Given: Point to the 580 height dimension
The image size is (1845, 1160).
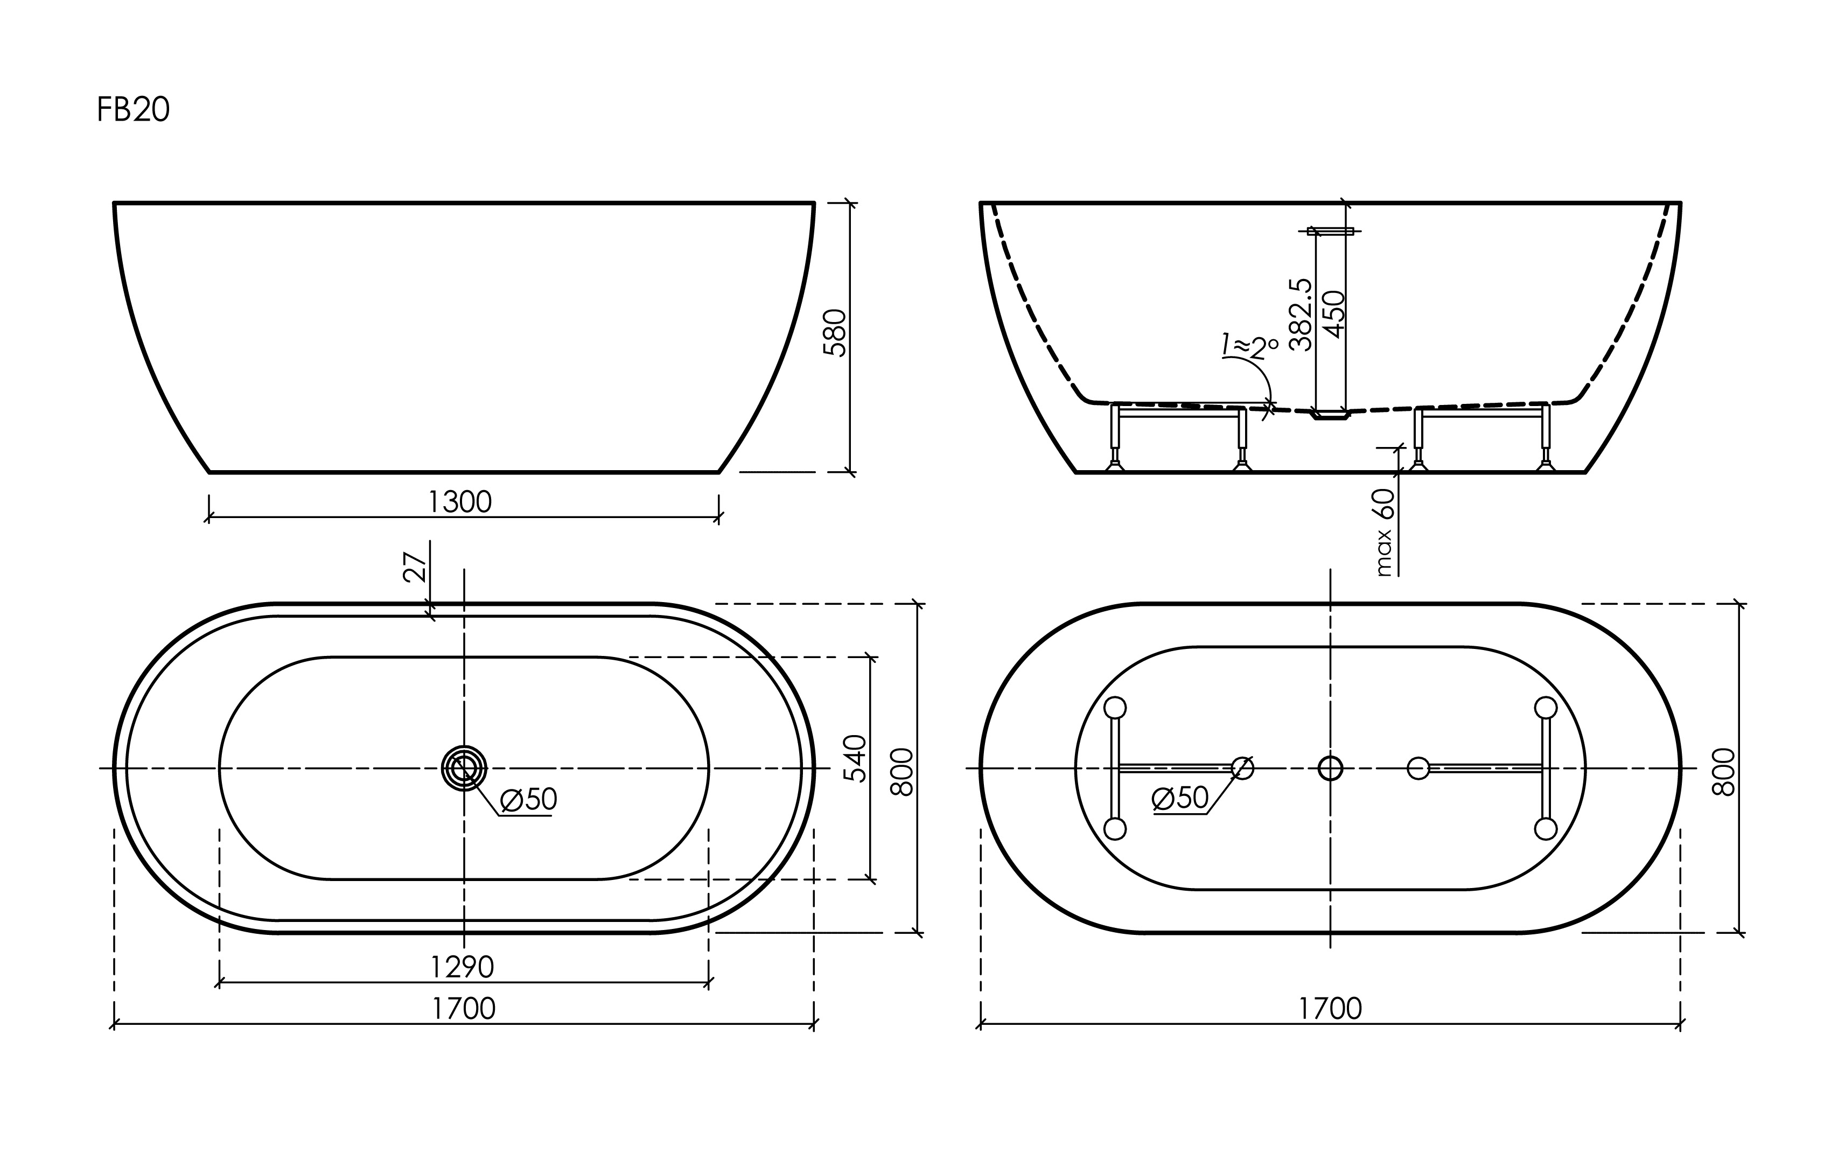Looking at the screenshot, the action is [x=834, y=332].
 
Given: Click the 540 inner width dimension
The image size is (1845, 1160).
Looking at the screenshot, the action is [x=855, y=758].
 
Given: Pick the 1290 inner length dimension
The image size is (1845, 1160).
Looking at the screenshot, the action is [x=462, y=967].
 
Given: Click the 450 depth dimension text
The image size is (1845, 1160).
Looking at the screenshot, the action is [x=1334, y=314].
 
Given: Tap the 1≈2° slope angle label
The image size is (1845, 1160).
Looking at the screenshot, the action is [x=1250, y=346].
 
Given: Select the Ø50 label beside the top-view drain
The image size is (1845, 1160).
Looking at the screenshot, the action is [x=528, y=800].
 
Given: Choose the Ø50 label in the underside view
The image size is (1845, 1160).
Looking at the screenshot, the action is [x=1180, y=798].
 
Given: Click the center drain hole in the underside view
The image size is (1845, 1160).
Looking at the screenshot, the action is [x=1330, y=768].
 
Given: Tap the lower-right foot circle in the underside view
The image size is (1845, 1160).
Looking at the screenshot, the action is [x=1546, y=829].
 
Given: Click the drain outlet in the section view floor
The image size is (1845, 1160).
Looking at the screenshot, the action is [x=1331, y=415].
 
